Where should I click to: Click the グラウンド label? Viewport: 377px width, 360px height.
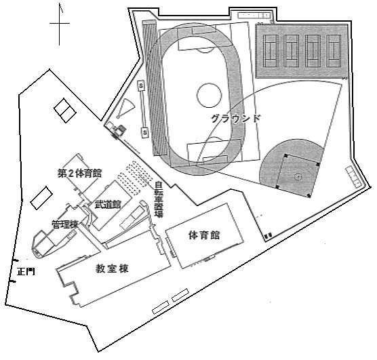[236, 119]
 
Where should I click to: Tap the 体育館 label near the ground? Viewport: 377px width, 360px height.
[204, 235]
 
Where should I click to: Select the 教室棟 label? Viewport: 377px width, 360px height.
[113, 268]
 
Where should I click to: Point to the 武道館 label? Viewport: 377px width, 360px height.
[108, 204]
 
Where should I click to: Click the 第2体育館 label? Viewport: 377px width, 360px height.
[79, 173]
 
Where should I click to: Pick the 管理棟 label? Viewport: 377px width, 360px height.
[65, 224]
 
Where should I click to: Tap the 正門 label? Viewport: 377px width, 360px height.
[26, 272]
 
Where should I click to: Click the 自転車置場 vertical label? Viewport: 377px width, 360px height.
[159, 199]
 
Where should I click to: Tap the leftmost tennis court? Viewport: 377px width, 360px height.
[271, 51]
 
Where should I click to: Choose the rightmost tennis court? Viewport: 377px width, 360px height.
[334, 51]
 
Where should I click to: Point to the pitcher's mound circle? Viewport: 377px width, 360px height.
[298, 177]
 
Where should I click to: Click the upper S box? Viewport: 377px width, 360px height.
[141, 85]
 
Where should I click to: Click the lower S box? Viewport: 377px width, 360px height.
[145, 132]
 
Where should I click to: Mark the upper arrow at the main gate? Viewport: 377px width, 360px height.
[16, 260]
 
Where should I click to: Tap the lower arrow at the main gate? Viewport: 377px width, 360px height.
[14, 281]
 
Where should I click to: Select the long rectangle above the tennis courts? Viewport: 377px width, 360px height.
[254, 16]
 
